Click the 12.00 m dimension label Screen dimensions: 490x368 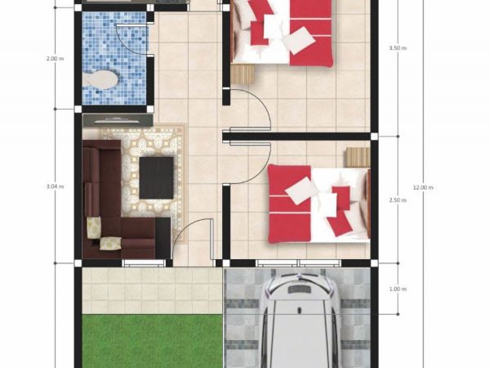pyautogui.click(x=423, y=187)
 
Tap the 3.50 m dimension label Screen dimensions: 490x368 pyautogui.click(x=398, y=48)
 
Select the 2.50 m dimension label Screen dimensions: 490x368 pyautogui.click(x=398, y=200)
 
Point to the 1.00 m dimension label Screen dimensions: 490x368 pyautogui.click(x=398, y=289)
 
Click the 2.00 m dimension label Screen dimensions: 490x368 pyautogui.click(x=55, y=59)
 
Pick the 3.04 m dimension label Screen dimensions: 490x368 pyautogui.click(x=55, y=186)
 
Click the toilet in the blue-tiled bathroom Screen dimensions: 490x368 pyautogui.click(x=100, y=79)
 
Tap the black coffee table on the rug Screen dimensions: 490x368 pyautogui.click(x=156, y=177)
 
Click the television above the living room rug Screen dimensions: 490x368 pyautogui.click(x=118, y=120)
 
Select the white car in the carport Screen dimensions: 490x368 pyautogui.click(x=299, y=319)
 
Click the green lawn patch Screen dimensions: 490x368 pyautogui.click(x=153, y=341)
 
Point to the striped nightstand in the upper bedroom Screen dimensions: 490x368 pyautogui.click(x=243, y=74)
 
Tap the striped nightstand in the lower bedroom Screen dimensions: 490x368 pyautogui.click(x=359, y=157)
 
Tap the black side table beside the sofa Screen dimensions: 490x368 pyautogui.click(x=163, y=238)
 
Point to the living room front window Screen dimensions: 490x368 pyautogui.click(x=144, y=263)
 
